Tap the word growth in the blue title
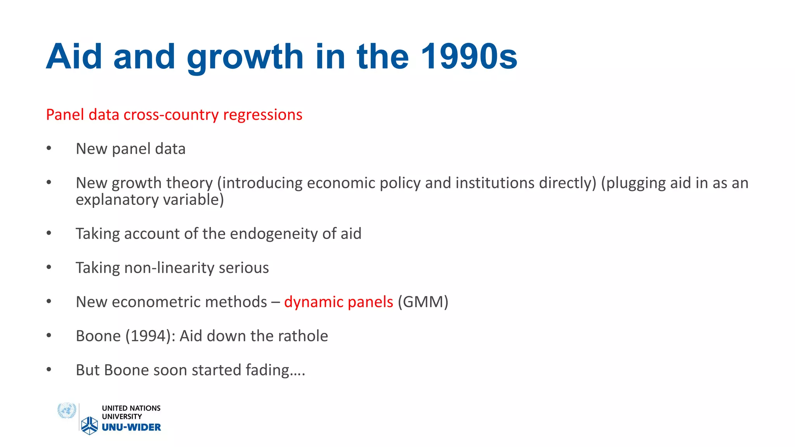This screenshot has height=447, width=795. (x=245, y=58)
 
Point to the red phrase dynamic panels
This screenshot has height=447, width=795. (x=338, y=302)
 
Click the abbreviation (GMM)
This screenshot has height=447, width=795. (x=423, y=302)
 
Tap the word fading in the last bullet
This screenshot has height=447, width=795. (x=268, y=370)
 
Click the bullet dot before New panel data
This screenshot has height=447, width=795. (x=49, y=148)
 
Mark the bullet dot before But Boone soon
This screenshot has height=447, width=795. (x=49, y=369)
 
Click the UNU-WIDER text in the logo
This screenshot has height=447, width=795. (x=131, y=427)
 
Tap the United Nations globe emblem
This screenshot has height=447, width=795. (x=67, y=411)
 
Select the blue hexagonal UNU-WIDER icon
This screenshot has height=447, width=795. (x=90, y=425)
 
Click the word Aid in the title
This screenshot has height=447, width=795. (x=74, y=57)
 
